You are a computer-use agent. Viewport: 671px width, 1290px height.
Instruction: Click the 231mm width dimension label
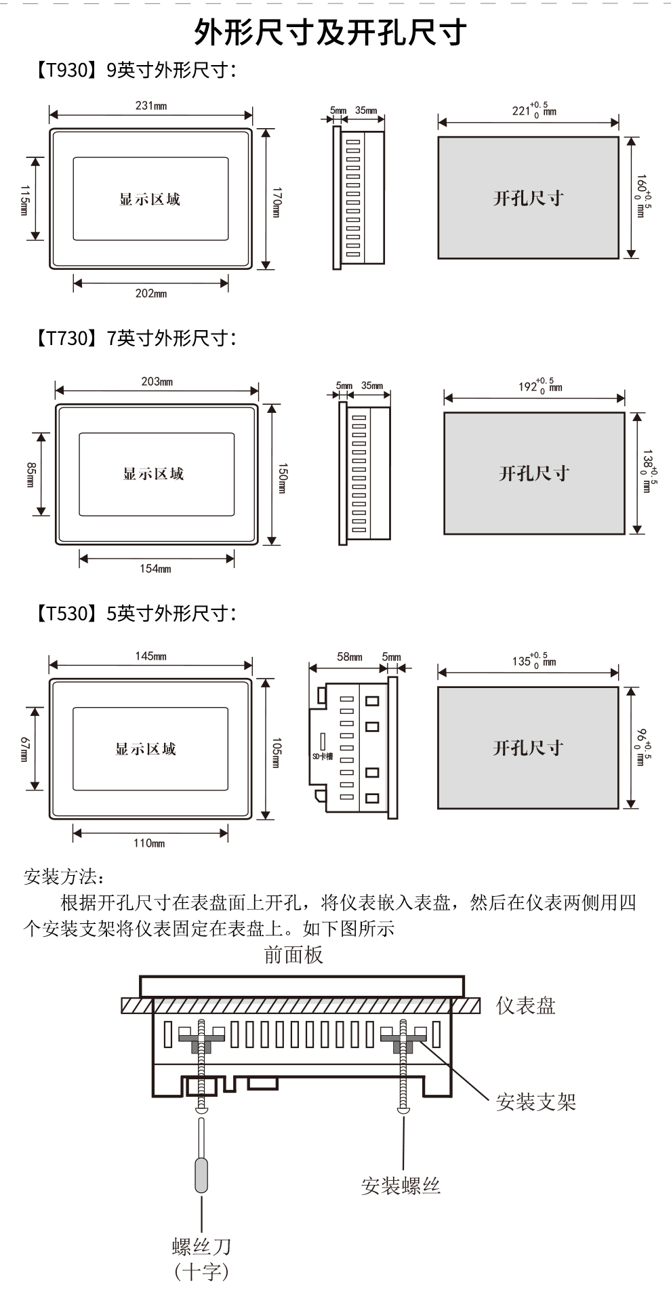click(x=151, y=106)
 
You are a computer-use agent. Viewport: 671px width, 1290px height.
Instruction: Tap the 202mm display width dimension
click(x=151, y=294)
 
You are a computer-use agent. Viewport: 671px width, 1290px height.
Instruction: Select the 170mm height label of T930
click(x=276, y=202)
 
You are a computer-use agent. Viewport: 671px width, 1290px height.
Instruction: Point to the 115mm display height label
click(x=24, y=200)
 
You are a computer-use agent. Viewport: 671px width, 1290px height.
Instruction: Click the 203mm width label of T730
click(x=157, y=382)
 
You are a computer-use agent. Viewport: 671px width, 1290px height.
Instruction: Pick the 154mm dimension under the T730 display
click(x=155, y=569)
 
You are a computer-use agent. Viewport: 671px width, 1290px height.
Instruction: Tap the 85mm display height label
click(x=30, y=475)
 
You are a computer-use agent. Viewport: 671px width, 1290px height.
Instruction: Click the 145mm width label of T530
click(x=150, y=656)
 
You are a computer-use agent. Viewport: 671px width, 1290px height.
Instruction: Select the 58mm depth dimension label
click(x=350, y=657)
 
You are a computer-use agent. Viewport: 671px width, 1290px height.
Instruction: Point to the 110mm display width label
click(x=149, y=843)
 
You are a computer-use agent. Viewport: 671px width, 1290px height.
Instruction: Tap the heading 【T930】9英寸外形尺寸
click(x=134, y=70)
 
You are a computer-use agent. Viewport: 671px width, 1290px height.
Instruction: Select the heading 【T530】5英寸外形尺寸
click(x=134, y=613)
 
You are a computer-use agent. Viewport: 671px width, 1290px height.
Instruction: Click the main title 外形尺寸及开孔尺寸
click(x=331, y=32)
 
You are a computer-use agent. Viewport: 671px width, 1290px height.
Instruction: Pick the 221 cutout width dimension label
click(x=534, y=110)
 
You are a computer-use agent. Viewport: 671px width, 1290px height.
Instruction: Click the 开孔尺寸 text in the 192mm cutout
click(x=534, y=473)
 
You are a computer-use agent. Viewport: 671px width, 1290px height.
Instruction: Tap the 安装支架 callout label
click(x=535, y=1102)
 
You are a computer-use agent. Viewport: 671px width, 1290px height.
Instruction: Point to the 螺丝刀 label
click(x=201, y=1246)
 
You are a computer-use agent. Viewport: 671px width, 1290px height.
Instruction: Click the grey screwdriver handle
click(x=201, y=1175)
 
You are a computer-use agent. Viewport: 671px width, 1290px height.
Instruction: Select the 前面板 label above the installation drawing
click(x=293, y=955)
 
